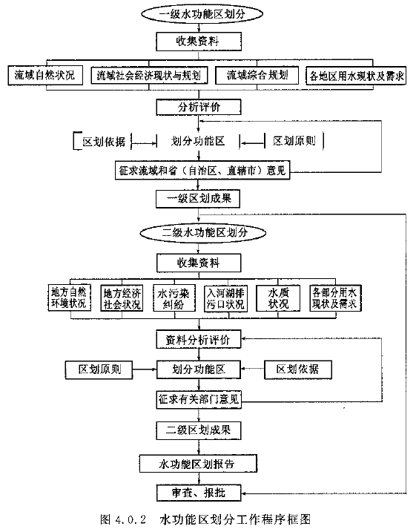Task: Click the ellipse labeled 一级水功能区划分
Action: (x=202, y=14)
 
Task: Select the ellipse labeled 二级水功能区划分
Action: (x=202, y=233)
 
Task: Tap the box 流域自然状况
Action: (x=45, y=76)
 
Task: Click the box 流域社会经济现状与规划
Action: (x=149, y=76)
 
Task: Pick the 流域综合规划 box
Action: (x=257, y=75)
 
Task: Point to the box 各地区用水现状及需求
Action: (x=356, y=76)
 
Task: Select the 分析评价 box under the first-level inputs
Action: (x=199, y=107)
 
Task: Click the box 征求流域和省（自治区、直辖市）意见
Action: (x=202, y=170)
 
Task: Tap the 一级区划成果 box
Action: (x=198, y=199)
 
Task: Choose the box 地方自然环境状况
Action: (x=69, y=298)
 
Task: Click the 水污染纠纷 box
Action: (x=174, y=298)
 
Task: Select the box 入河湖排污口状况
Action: (x=225, y=298)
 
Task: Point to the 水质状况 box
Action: (x=278, y=298)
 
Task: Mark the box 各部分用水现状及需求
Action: (x=336, y=298)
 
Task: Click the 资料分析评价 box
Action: (x=199, y=339)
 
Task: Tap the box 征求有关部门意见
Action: (x=199, y=400)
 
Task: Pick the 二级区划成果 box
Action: (x=199, y=430)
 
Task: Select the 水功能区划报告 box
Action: (x=198, y=464)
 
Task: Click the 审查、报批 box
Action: (x=199, y=493)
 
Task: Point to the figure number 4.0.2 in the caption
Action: (x=131, y=519)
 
